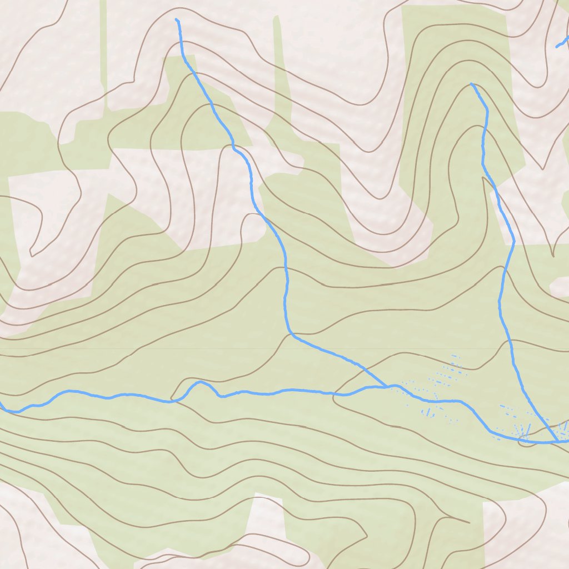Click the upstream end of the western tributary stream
point(177,20)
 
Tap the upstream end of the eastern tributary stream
point(471,84)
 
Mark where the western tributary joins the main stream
point(387,386)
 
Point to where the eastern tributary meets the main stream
point(557,442)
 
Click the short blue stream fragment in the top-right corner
point(562,43)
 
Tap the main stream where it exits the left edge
point(2,407)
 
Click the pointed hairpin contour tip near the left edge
point(32,254)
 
